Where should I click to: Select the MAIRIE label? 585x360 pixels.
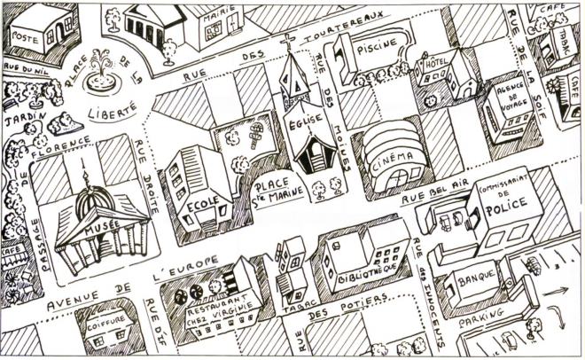214,16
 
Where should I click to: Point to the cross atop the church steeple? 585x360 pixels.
287,41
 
